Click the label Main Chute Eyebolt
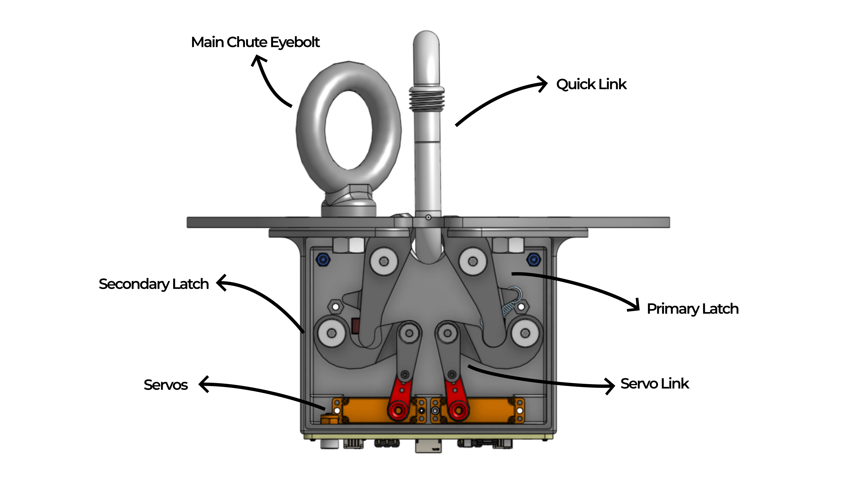[255, 42]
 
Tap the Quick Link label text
[591, 84]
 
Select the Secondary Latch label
[154, 284]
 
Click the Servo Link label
[654, 384]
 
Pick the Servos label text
[165, 385]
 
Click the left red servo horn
[399, 400]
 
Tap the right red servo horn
[456, 400]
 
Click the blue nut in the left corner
[323, 260]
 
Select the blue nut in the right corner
[533, 260]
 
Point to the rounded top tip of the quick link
[426, 38]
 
